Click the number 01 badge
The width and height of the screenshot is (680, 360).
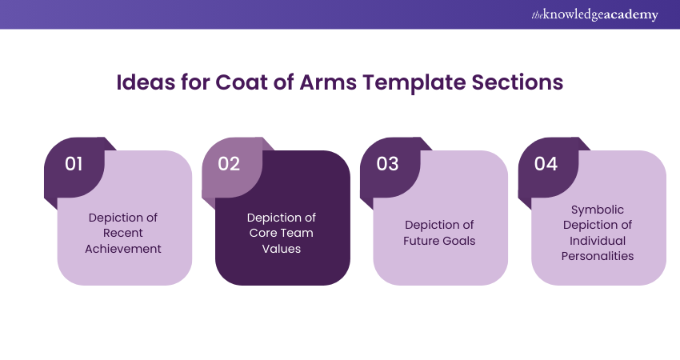point(74,164)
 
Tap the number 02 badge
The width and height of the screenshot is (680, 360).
point(229,164)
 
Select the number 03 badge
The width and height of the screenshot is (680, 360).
point(387,164)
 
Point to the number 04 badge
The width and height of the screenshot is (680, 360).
point(546,164)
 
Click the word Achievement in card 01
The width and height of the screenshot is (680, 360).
point(125,249)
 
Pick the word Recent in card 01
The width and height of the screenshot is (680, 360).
point(125,233)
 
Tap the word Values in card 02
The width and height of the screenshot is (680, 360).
point(282,249)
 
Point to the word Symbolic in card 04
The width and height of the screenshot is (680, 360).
point(598,210)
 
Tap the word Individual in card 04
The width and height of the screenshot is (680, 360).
point(598,241)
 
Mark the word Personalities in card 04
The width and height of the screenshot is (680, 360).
point(598,256)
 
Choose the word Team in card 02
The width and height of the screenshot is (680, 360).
point(295,233)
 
